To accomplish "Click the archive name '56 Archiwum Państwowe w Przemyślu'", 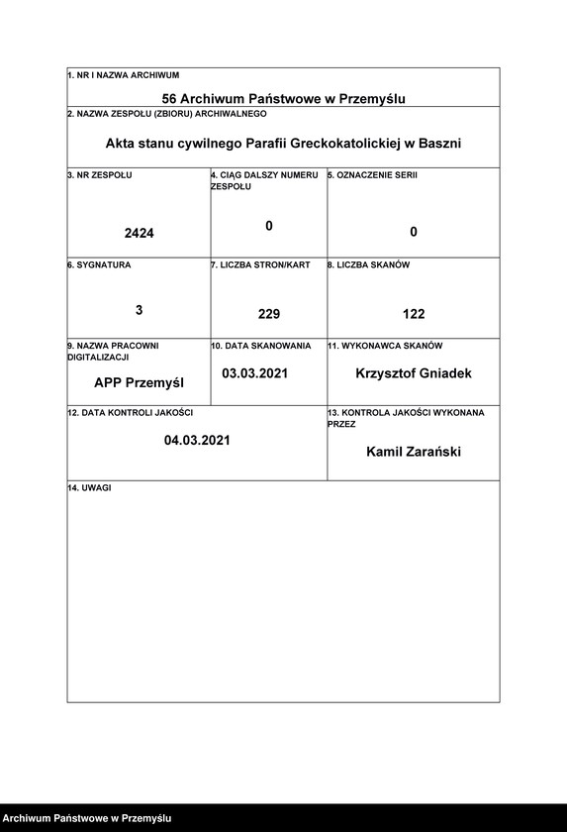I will [284, 98].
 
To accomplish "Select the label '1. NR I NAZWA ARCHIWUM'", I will [123, 75].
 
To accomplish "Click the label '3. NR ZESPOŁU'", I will [100, 175].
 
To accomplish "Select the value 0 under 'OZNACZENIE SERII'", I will [414, 232].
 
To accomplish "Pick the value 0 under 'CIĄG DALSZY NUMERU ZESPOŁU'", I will [269, 226].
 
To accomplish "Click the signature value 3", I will [140, 309].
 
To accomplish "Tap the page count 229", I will [269, 314].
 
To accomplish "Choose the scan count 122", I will [414, 314].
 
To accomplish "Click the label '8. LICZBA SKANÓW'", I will [369, 265].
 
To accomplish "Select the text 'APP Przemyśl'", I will [140, 381].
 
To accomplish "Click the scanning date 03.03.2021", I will [255, 373].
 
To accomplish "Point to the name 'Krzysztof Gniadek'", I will [414, 373].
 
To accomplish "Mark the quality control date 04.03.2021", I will [197, 440].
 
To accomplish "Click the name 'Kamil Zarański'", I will [414, 452].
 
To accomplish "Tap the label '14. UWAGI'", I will [89, 489].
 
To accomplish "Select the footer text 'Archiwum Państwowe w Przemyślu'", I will [80, 818].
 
